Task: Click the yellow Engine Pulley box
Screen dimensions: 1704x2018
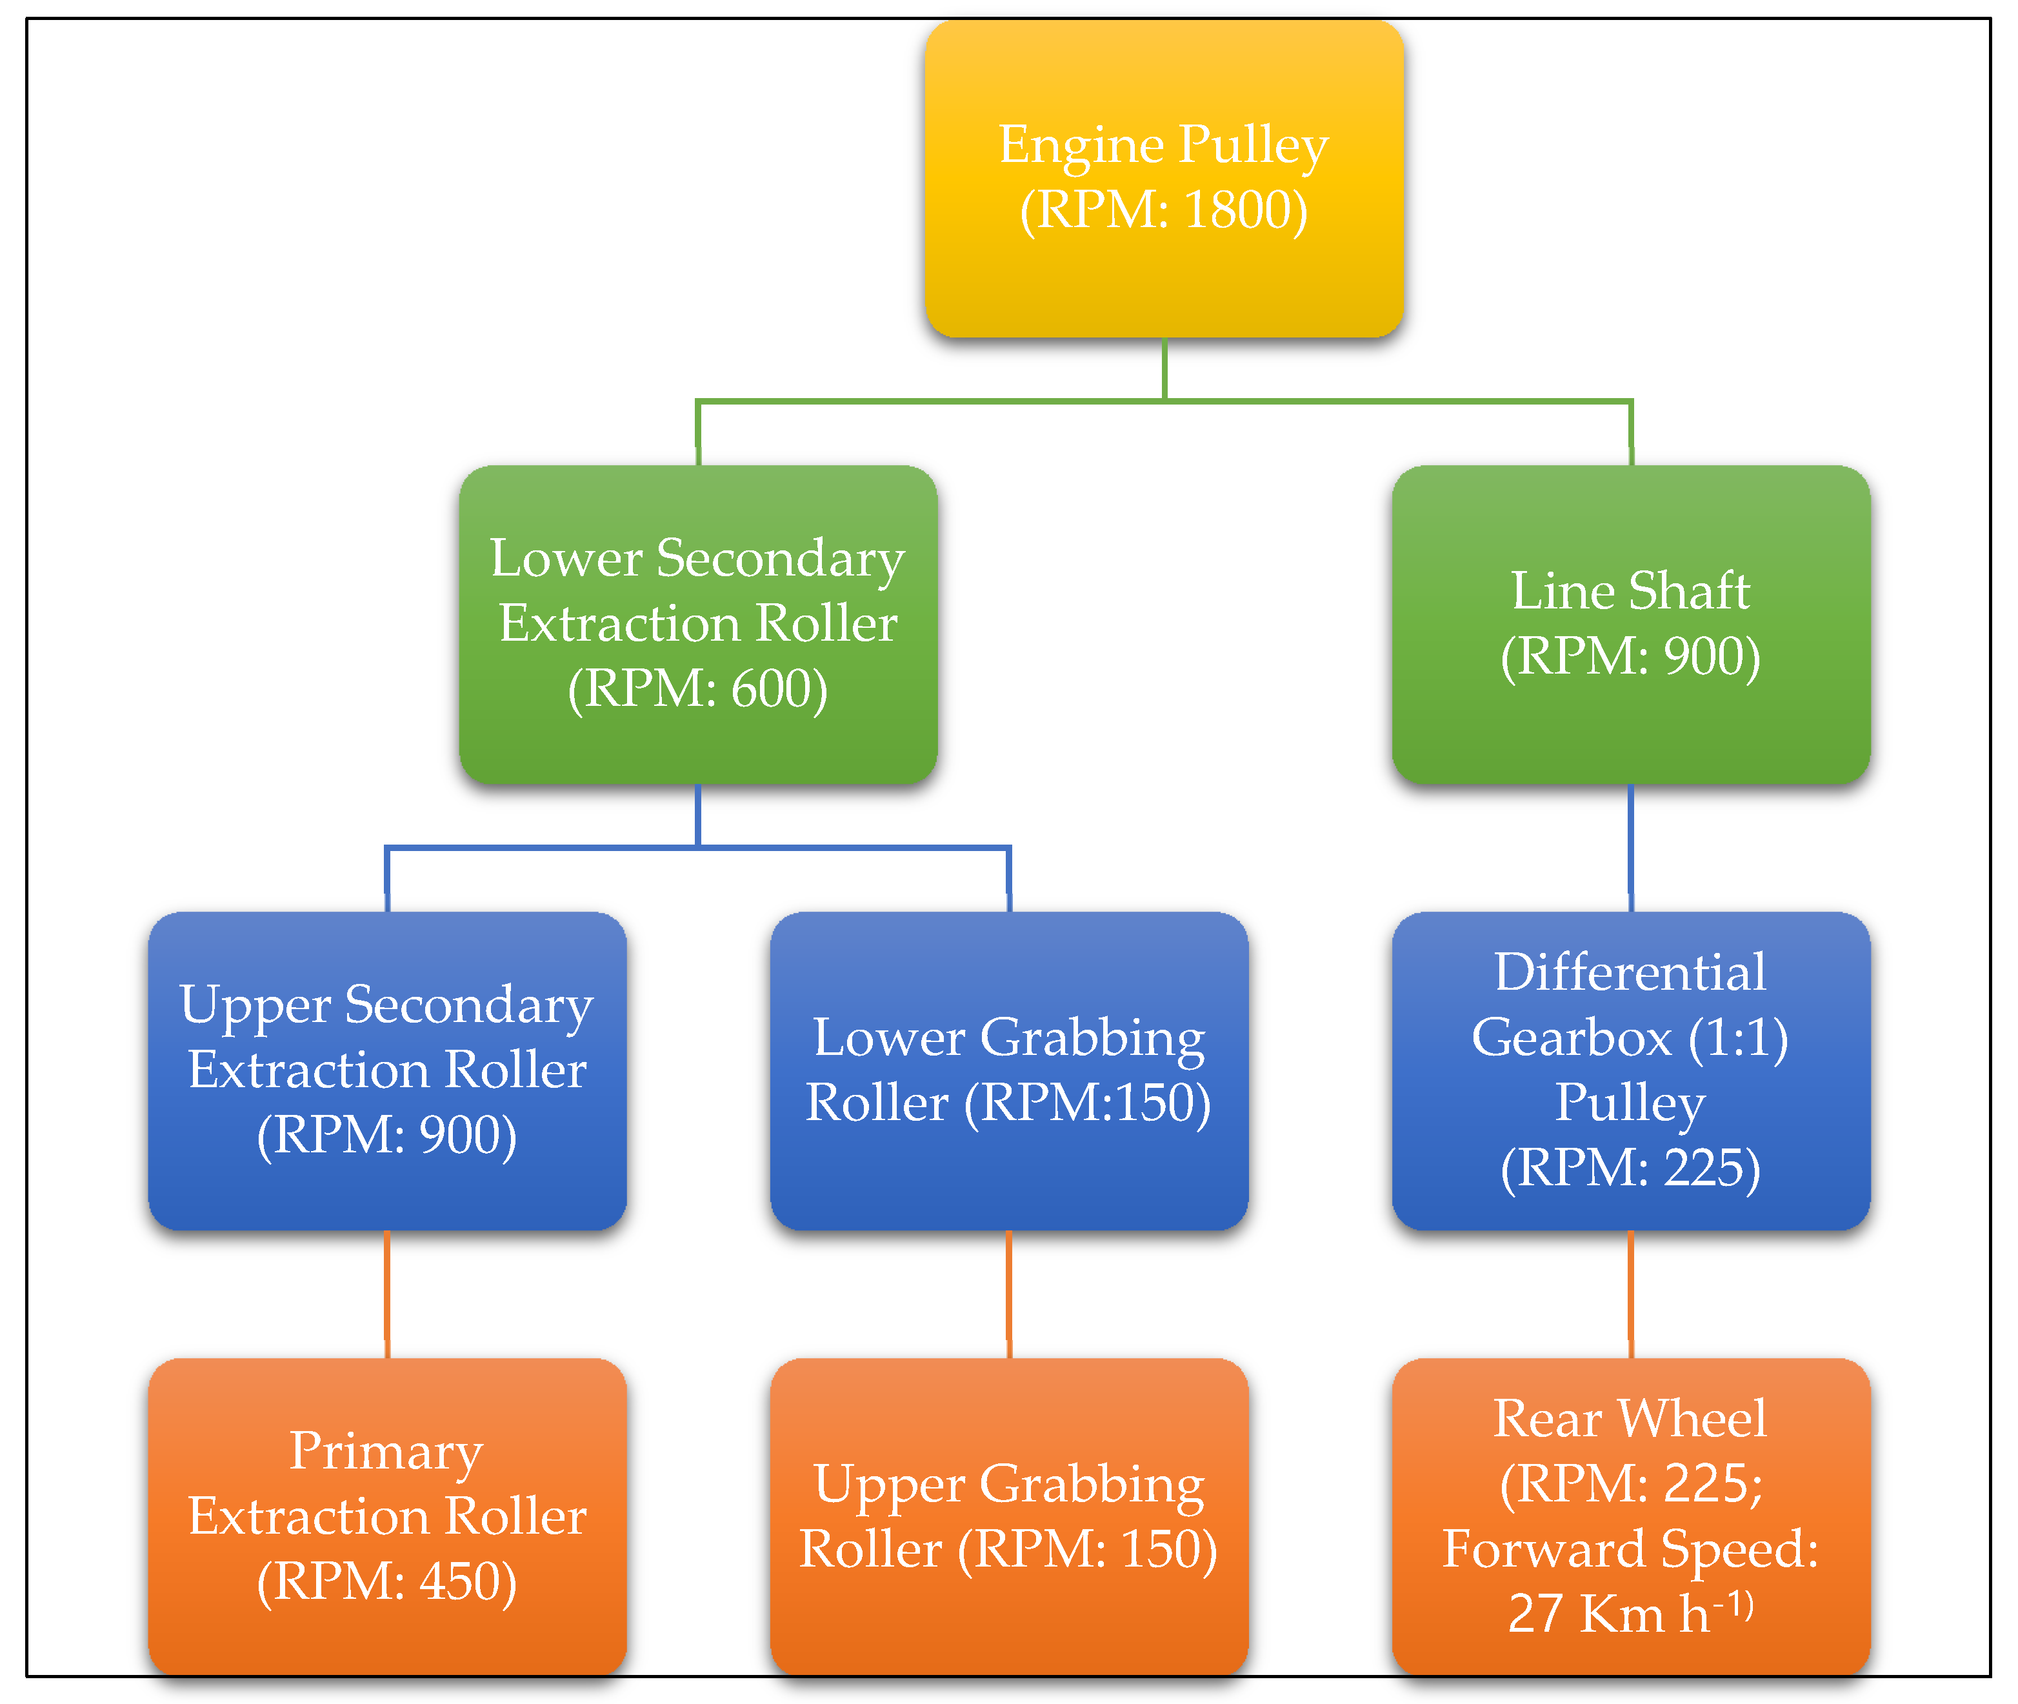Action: pyautogui.click(x=1163, y=179)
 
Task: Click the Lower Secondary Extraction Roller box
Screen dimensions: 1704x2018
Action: pyautogui.click(x=697, y=624)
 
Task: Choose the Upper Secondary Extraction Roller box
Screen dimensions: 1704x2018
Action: pyautogui.click(x=386, y=1070)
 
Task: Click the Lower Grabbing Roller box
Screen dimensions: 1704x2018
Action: pyautogui.click(x=1008, y=1070)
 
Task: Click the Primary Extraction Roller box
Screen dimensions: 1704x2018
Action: pyautogui.click(x=386, y=1517)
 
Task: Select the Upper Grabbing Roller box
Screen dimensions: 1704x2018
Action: pyautogui.click(x=1008, y=1517)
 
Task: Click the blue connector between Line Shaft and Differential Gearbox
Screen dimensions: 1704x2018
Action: pyautogui.click(x=1631, y=847)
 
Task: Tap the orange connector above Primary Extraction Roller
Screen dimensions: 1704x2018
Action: pyautogui.click(x=386, y=1294)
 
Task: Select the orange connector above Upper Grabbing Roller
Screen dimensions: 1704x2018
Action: pyautogui.click(x=1008, y=1294)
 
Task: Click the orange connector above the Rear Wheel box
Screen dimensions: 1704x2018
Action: pyautogui.click(x=1631, y=1294)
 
